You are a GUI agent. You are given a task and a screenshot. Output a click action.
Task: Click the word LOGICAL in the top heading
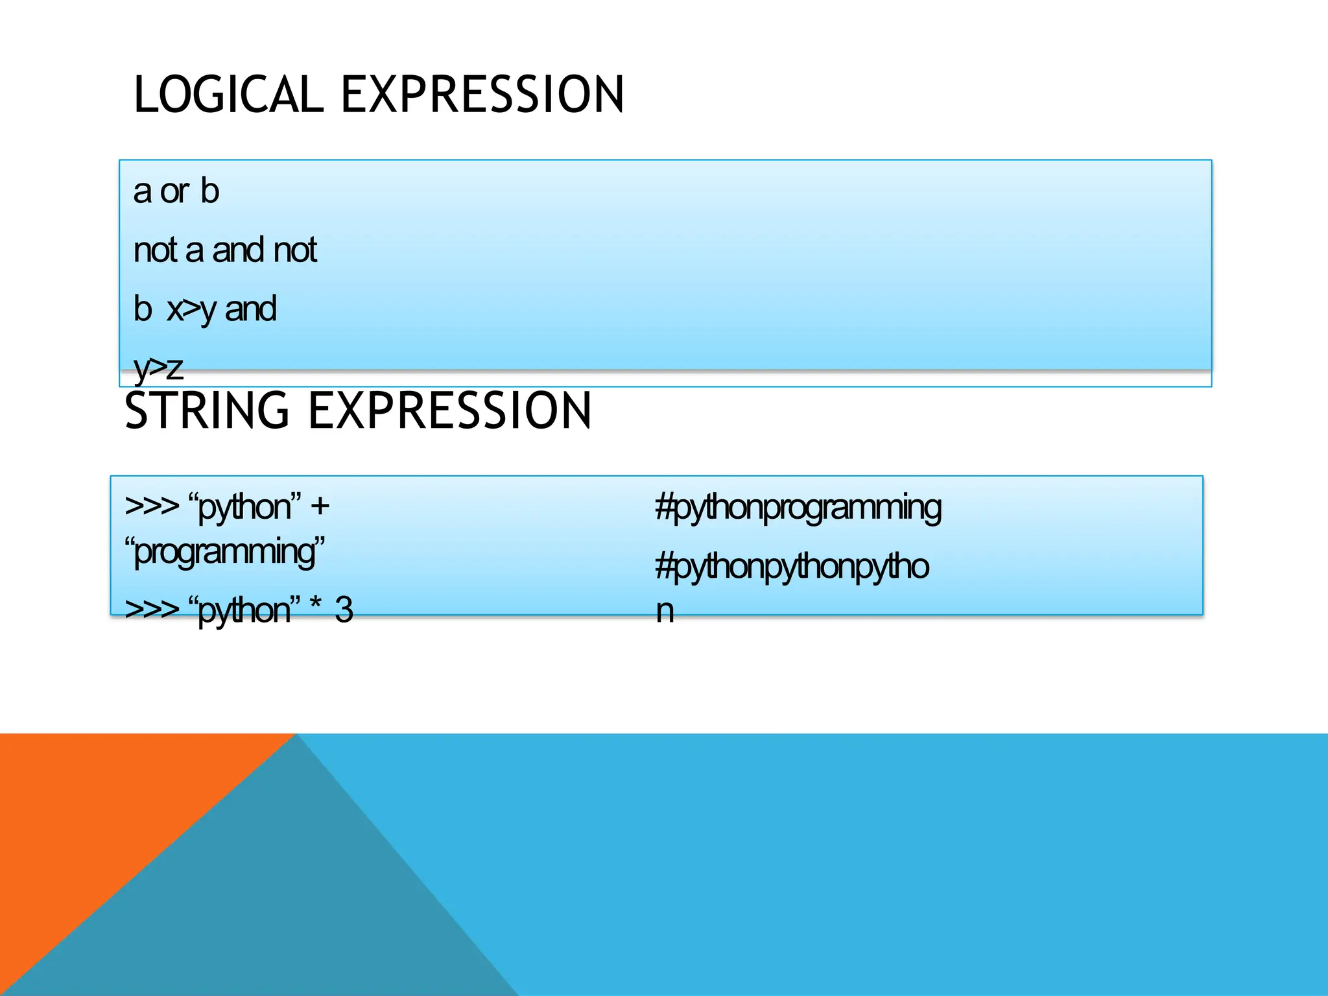coord(228,95)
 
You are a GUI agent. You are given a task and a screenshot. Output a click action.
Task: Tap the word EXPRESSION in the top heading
coord(482,95)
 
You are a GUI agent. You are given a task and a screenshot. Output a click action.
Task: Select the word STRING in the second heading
coord(206,411)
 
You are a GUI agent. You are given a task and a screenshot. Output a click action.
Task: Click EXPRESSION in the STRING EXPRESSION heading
coord(449,411)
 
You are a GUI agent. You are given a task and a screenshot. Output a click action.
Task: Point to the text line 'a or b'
coord(176,191)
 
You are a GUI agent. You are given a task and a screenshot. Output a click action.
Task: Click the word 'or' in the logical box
coord(174,192)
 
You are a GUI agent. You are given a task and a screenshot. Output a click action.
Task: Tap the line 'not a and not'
coord(225,250)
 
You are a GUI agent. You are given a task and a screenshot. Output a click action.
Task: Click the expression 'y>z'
coord(158,368)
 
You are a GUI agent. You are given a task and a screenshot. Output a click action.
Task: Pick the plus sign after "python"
coord(320,506)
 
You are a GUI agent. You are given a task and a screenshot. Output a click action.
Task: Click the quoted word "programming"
coord(224,552)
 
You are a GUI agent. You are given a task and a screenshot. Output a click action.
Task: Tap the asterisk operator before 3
coord(316,608)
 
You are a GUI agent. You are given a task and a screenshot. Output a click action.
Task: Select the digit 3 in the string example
coord(344,610)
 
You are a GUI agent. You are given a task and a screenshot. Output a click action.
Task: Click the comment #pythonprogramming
coord(798,508)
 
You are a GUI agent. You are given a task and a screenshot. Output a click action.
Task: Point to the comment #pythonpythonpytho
coord(792,567)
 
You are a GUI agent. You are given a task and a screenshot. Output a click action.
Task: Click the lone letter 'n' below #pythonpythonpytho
coord(665,611)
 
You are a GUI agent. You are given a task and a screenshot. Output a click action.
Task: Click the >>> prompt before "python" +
coord(152,506)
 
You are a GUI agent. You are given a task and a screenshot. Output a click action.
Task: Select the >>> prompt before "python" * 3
coord(152,610)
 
